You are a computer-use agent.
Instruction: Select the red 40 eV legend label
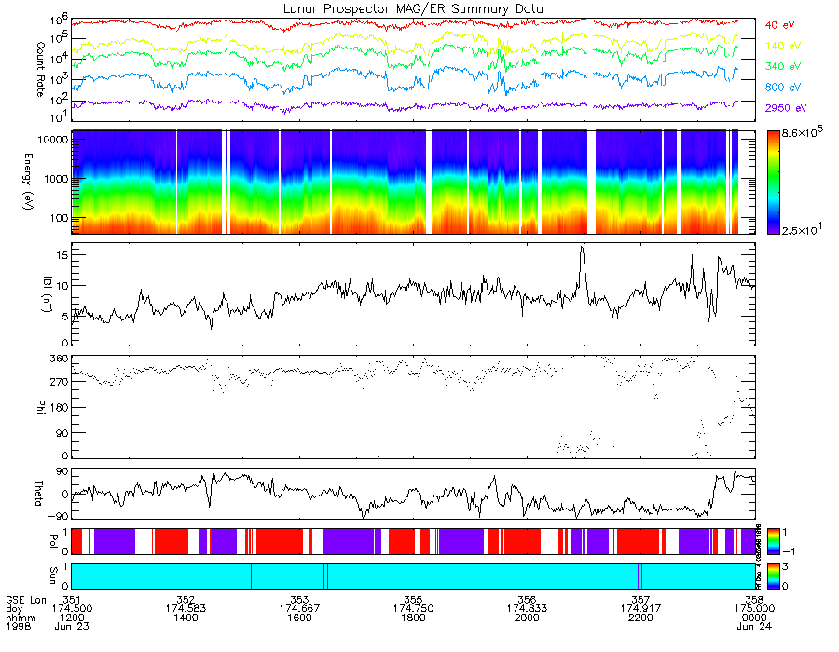tap(779, 25)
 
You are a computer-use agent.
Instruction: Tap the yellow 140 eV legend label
tap(782, 46)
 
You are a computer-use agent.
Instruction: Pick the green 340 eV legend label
tap(782, 67)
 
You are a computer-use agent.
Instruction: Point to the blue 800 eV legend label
tap(782, 88)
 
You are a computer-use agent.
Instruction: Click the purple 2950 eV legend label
tap(785, 109)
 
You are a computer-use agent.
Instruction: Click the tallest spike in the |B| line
tap(582, 248)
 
